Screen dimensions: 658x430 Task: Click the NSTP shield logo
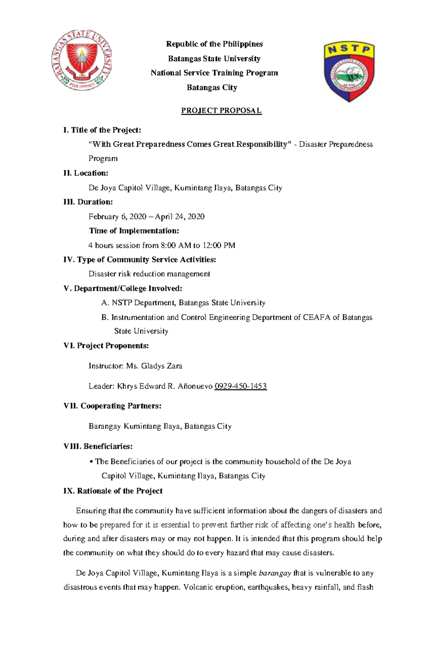(349, 71)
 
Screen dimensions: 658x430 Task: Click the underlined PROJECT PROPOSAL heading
(221, 110)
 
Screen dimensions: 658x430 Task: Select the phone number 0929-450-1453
(240, 386)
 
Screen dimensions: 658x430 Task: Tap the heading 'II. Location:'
(86, 173)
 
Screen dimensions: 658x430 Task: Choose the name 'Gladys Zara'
(162, 366)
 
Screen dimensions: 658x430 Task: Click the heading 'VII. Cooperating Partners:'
(112, 406)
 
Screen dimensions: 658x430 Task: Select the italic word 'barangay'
(275, 573)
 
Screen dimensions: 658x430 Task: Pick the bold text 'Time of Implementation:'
(134, 231)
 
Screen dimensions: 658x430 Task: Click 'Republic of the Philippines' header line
(214, 44)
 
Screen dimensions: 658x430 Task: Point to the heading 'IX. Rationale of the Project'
(113, 491)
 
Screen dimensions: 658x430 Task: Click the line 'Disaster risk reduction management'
(149, 274)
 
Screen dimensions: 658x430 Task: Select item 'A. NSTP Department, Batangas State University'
(183, 303)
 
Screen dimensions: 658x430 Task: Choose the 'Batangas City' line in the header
(212, 87)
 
